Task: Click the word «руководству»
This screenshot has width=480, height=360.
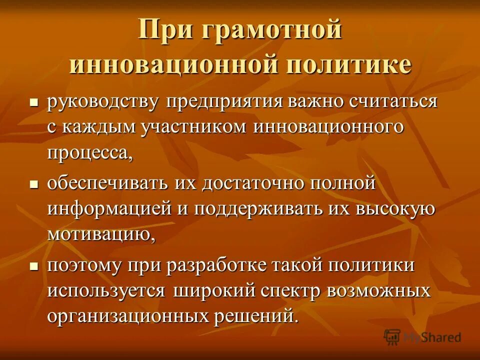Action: (x=104, y=102)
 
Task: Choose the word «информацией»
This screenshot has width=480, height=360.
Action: (x=109, y=208)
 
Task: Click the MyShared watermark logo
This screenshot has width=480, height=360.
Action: (x=423, y=336)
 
